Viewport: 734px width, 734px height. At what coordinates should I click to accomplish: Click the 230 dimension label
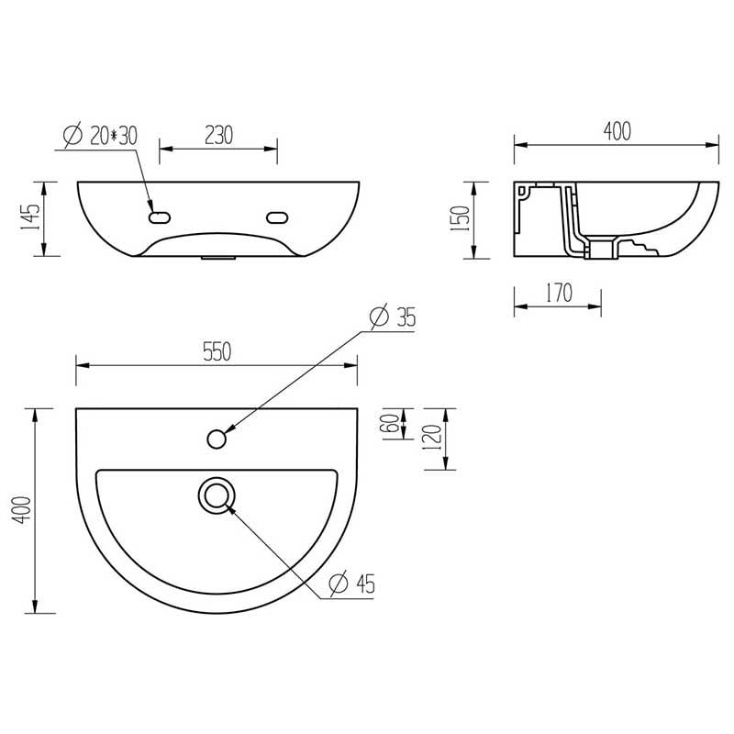pos(218,135)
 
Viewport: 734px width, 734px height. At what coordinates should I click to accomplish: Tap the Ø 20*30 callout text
pos(100,135)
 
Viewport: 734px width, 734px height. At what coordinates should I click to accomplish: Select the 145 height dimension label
pos(30,217)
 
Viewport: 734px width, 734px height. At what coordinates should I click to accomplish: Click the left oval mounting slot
pos(159,217)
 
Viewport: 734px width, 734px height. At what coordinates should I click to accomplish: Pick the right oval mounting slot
pos(277,217)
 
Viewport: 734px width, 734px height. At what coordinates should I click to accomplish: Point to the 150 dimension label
pos(460,218)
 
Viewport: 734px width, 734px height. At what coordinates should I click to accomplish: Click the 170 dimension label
pos(559,293)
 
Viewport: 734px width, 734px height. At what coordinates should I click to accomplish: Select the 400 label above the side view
pos(617,131)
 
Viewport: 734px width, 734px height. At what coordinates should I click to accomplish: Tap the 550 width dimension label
pos(217,351)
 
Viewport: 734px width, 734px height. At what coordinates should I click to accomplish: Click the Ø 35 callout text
pos(393,317)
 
